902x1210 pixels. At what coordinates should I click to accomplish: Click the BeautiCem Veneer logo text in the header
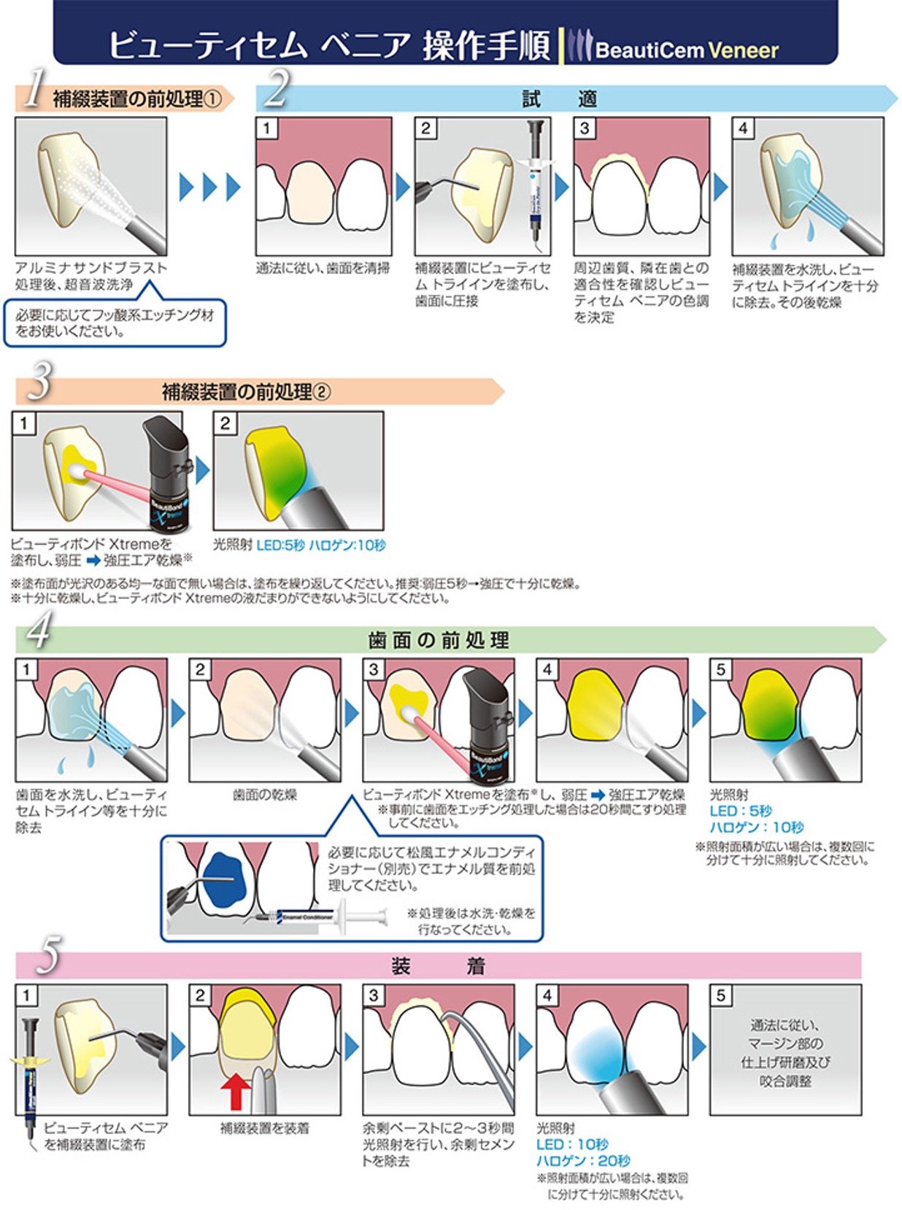(x=686, y=50)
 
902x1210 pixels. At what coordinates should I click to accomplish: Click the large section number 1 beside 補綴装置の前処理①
(x=33, y=90)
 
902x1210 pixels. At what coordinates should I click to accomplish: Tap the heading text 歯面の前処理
(x=439, y=641)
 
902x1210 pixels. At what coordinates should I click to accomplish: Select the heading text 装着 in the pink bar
(x=438, y=966)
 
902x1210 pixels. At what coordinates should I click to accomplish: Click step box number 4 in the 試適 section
(x=743, y=128)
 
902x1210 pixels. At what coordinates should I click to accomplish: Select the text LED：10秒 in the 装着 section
(x=572, y=1144)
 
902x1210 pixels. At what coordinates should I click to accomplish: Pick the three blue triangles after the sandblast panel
(x=210, y=188)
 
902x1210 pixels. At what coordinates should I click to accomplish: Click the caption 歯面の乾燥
(x=264, y=795)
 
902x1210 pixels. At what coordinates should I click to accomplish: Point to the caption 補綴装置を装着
(x=264, y=1128)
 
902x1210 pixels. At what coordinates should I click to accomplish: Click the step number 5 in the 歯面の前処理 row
(x=720, y=669)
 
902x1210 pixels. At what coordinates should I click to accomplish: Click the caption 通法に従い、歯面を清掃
(x=323, y=269)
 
